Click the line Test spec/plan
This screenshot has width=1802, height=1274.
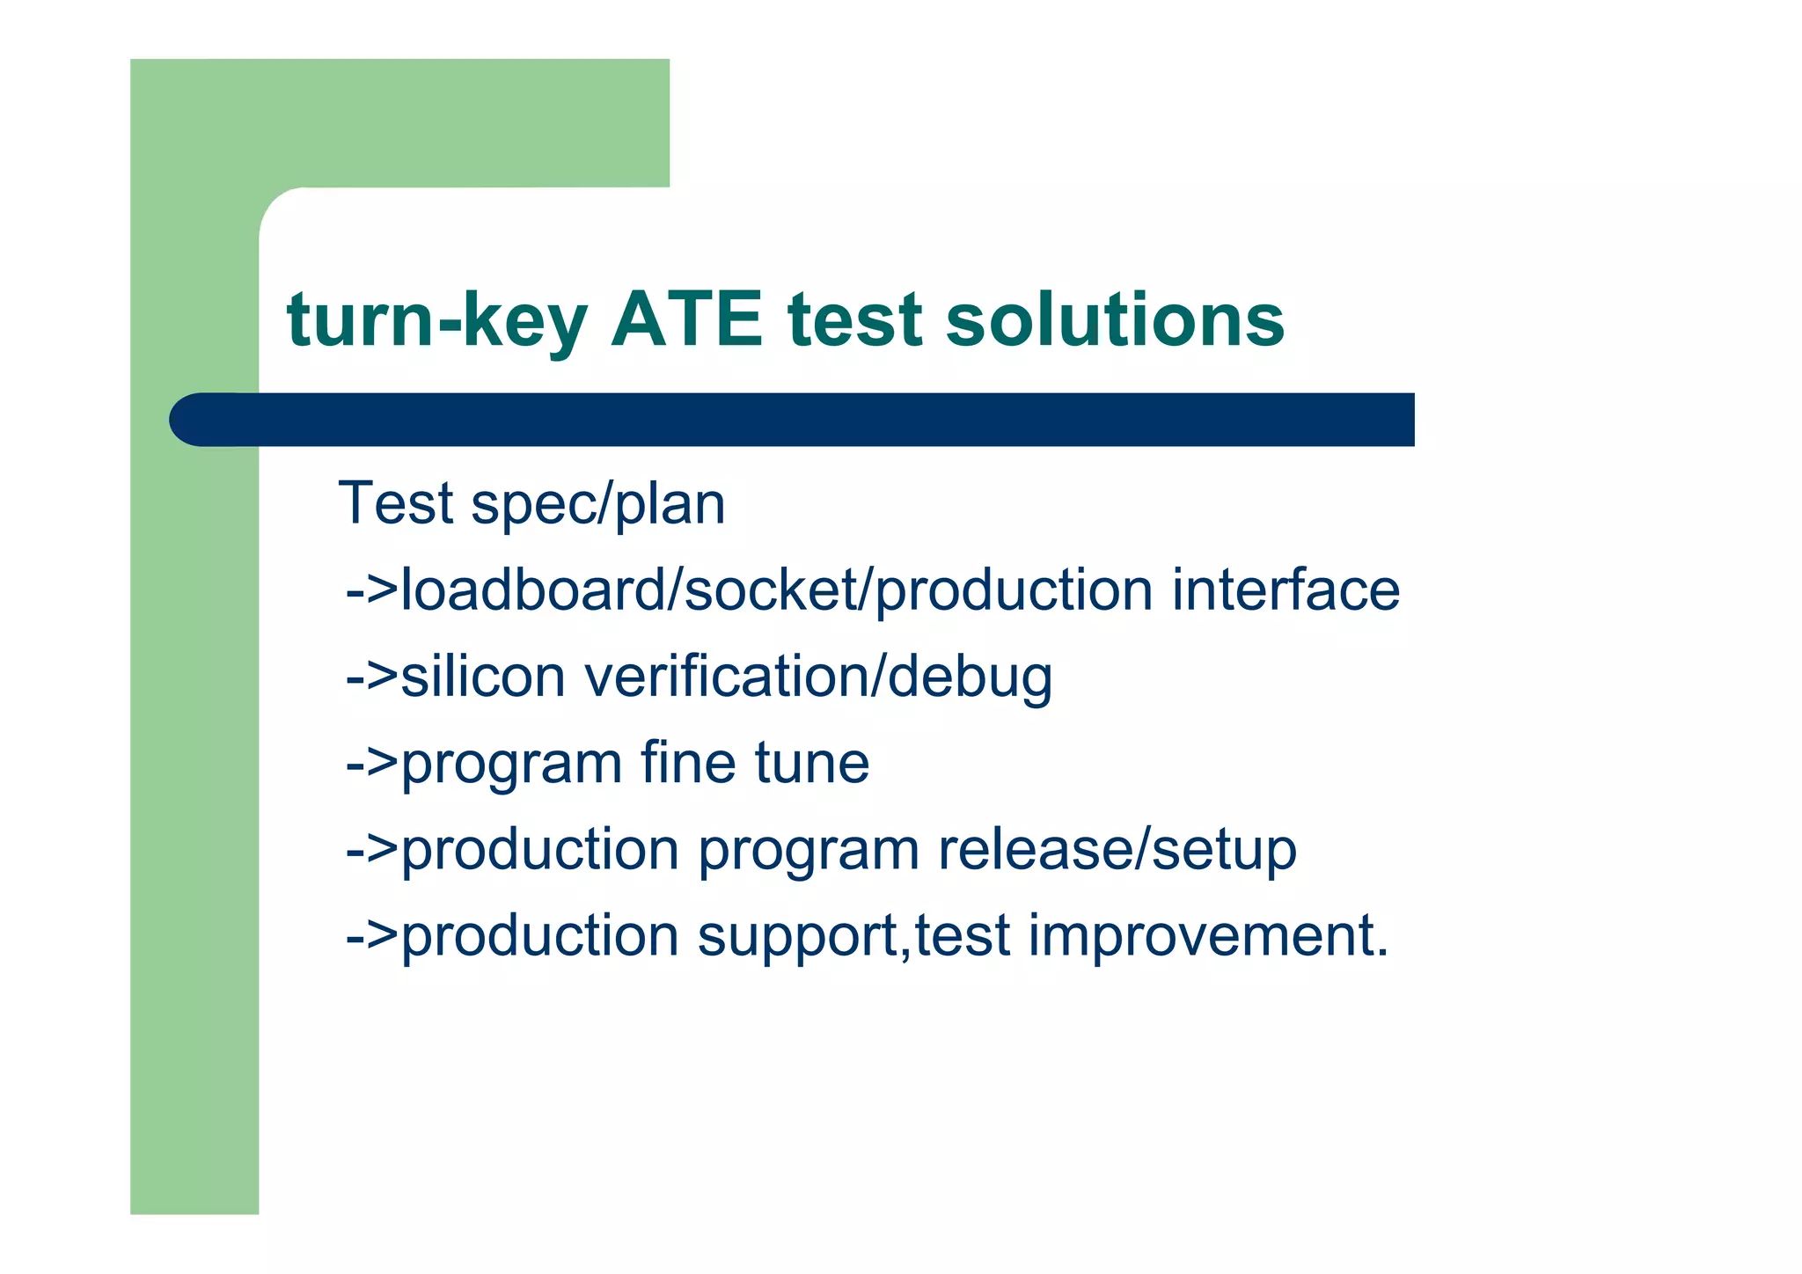click(x=531, y=504)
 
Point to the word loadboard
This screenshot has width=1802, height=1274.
click(x=532, y=589)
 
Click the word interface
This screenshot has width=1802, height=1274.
click(x=1286, y=589)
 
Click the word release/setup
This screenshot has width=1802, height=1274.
click(x=1117, y=850)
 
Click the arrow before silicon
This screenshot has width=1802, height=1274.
click(x=371, y=677)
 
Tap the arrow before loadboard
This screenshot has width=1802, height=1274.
click(x=371, y=591)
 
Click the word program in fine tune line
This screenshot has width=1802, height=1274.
click(x=511, y=764)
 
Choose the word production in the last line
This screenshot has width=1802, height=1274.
click(x=539, y=935)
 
